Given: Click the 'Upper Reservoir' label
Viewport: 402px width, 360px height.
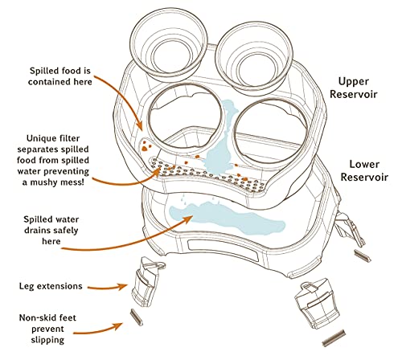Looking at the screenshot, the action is (x=353, y=88).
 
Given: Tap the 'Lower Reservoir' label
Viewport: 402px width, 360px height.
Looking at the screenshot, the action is (x=364, y=170).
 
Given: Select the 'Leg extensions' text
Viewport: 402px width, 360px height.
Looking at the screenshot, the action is (x=51, y=286).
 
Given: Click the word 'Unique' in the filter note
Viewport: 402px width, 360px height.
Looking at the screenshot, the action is (x=39, y=138).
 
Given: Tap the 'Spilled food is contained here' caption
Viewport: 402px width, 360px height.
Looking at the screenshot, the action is (x=60, y=76).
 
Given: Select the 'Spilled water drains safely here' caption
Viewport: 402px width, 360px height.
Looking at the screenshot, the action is (x=51, y=230).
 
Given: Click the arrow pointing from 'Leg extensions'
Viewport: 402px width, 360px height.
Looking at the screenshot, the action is (x=108, y=288).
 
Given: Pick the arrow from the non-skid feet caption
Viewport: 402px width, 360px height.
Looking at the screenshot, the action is (x=98, y=330).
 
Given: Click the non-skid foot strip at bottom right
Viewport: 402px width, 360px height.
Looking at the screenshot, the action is (x=334, y=338).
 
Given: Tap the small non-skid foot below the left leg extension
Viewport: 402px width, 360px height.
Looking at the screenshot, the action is (x=137, y=317).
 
